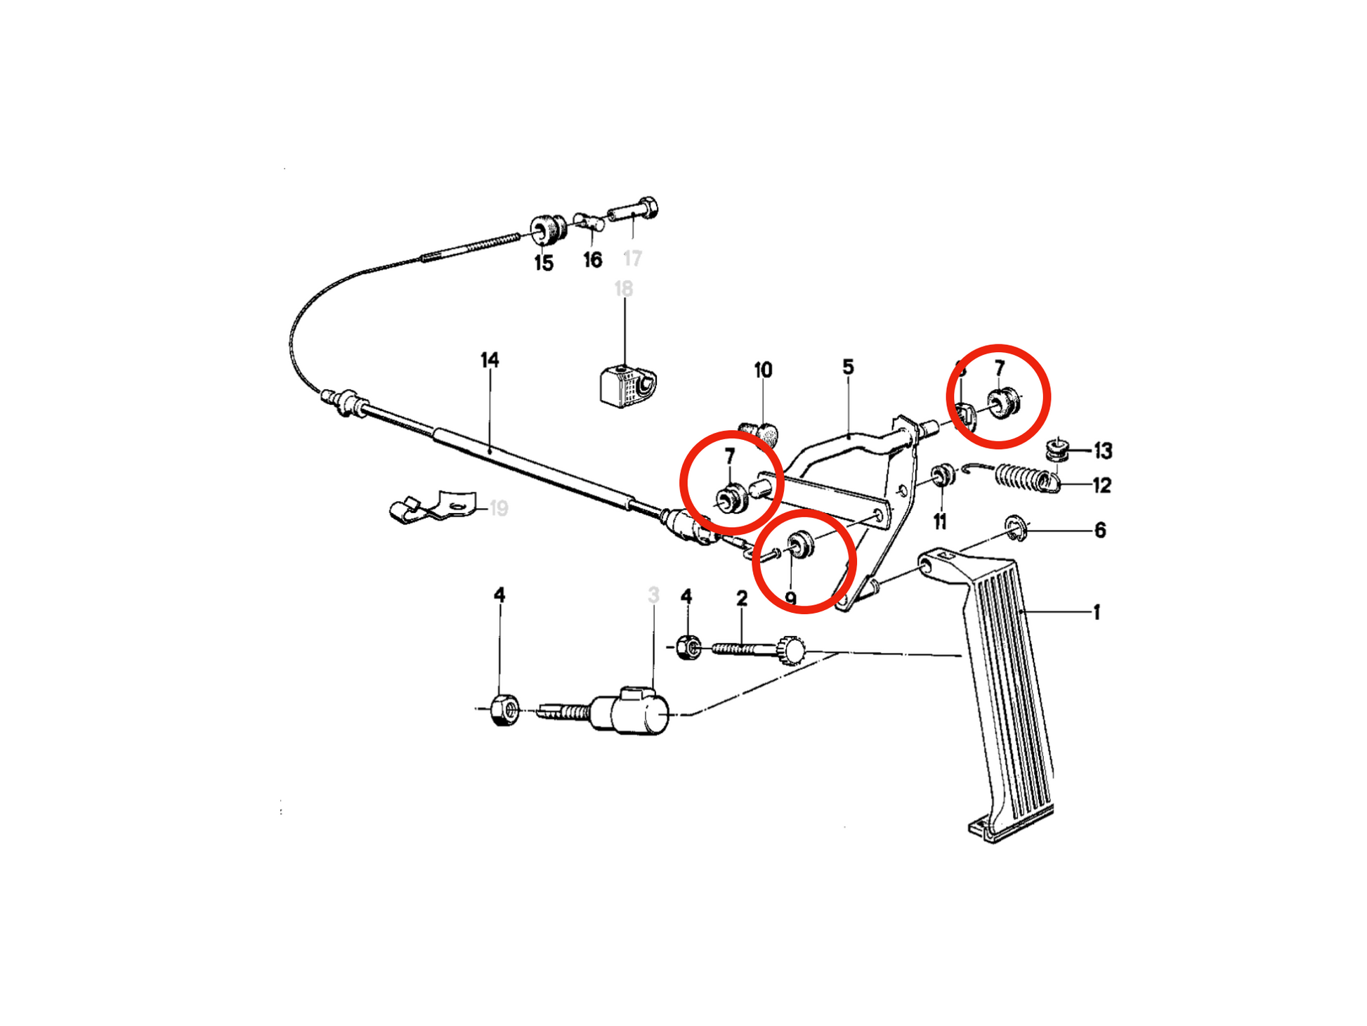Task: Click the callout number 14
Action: pos(490,361)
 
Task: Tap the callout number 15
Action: pos(543,264)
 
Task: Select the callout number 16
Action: pos(592,261)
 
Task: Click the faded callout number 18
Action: pos(623,289)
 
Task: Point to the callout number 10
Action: pos(763,370)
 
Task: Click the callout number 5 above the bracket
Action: pos(848,367)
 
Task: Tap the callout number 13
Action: pos(1103,451)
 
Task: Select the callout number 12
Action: pos(1101,486)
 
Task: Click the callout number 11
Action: pos(940,521)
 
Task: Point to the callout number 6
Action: pos(1100,531)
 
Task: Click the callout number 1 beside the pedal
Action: pos(1096,613)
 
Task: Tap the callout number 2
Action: pos(742,599)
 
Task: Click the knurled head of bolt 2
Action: pos(792,649)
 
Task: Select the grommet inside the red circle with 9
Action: pos(799,544)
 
